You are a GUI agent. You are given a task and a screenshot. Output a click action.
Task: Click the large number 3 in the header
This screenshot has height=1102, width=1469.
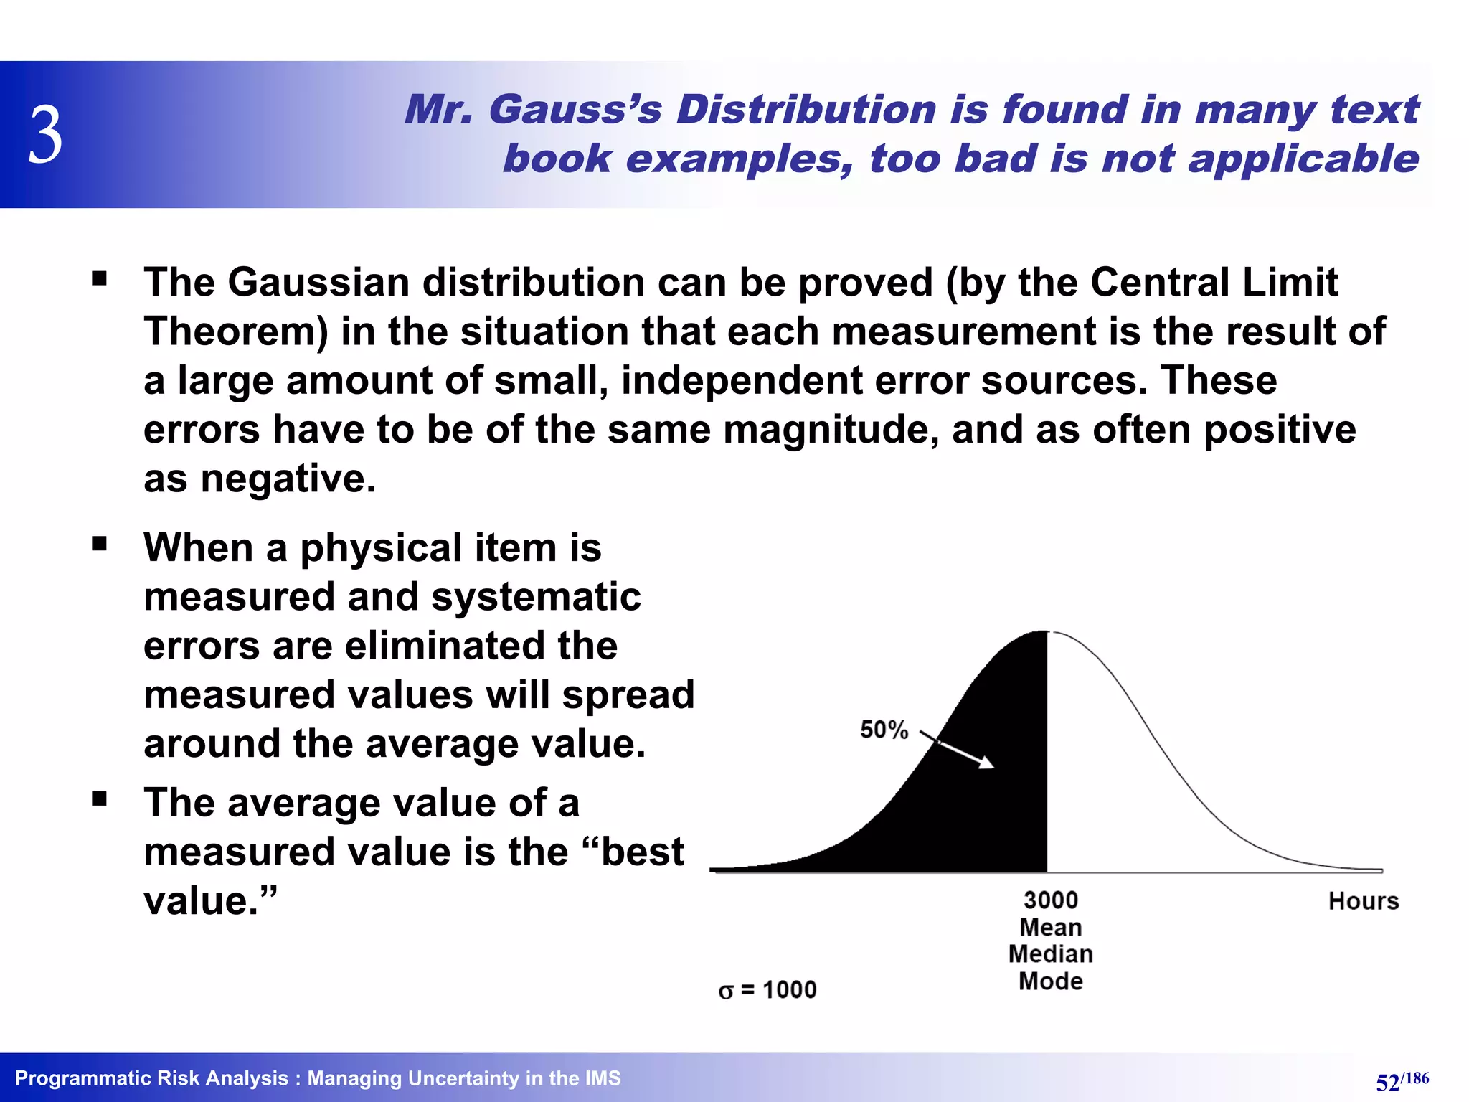[45, 135]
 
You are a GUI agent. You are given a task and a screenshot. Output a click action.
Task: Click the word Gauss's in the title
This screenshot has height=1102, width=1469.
[575, 110]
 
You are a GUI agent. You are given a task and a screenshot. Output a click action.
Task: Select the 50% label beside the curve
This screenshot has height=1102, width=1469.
[884, 730]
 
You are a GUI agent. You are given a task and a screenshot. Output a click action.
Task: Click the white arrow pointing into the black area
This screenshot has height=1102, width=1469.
[958, 750]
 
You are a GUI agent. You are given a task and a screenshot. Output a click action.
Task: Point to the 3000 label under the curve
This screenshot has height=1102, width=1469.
[1050, 900]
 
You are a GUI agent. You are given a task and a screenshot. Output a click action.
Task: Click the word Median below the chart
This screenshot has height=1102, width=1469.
[1050, 954]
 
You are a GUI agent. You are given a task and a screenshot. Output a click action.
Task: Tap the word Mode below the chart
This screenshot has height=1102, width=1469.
[1050, 981]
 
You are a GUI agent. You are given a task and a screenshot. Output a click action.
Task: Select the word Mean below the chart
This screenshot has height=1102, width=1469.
[1050, 927]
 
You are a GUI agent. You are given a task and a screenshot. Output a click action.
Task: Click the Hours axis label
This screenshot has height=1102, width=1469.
[1363, 901]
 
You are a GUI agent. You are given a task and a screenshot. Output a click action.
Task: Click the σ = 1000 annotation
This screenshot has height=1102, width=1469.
[767, 990]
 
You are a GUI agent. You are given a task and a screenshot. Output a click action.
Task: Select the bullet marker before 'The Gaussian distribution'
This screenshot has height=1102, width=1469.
[99, 278]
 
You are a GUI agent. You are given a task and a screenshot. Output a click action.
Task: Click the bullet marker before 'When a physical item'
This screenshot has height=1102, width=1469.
[99, 544]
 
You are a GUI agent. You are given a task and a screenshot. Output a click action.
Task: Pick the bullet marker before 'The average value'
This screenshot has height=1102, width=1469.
[99, 799]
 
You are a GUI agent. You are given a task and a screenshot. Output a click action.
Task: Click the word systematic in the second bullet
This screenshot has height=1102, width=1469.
[536, 597]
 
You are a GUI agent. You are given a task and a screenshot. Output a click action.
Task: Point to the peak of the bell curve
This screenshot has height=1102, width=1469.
[1048, 631]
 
